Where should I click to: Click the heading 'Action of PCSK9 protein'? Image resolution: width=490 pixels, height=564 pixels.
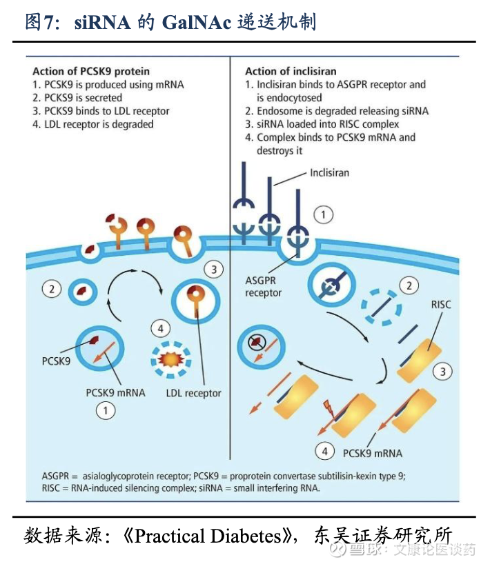(x=90, y=71)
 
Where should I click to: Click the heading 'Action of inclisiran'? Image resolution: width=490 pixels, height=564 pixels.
(x=291, y=71)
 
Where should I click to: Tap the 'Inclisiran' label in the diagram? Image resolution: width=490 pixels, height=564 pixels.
(x=329, y=172)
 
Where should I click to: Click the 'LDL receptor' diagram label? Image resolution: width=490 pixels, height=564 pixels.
(x=193, y=393)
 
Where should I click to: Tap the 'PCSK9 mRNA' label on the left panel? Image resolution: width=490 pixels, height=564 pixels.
(x=115, y=392)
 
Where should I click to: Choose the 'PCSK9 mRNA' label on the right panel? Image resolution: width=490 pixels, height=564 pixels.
(x=372, y=453)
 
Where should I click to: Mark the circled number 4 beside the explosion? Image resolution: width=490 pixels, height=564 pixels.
(x=161, y=328)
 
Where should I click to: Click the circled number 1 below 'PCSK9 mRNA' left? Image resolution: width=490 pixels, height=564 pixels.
(x=105, y=412)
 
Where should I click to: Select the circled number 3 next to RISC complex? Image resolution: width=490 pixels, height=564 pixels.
(x=442, y=372)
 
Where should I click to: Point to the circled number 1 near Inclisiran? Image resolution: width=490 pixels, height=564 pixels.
(x=324, y=215)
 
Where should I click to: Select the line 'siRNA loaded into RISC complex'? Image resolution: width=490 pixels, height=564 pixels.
(x=328, y=124)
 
